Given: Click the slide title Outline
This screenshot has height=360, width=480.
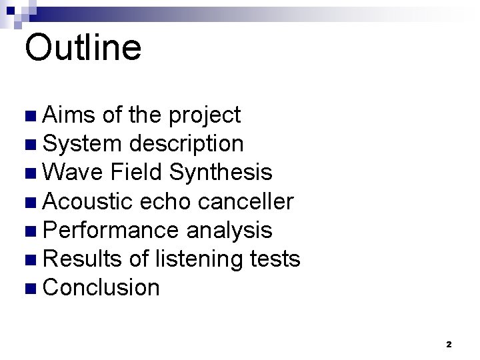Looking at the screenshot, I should click(83, 48).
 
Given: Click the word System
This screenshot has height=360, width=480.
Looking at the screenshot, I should click(81, 144).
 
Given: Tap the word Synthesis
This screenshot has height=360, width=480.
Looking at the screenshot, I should click(221, 173).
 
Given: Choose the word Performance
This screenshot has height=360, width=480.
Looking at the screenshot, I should click(110, 230).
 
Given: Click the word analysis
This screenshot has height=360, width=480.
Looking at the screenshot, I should click(229, 230).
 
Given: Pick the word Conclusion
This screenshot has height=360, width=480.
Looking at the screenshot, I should click(101, 287).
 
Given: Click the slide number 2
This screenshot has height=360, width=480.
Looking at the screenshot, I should click(449, 344).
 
